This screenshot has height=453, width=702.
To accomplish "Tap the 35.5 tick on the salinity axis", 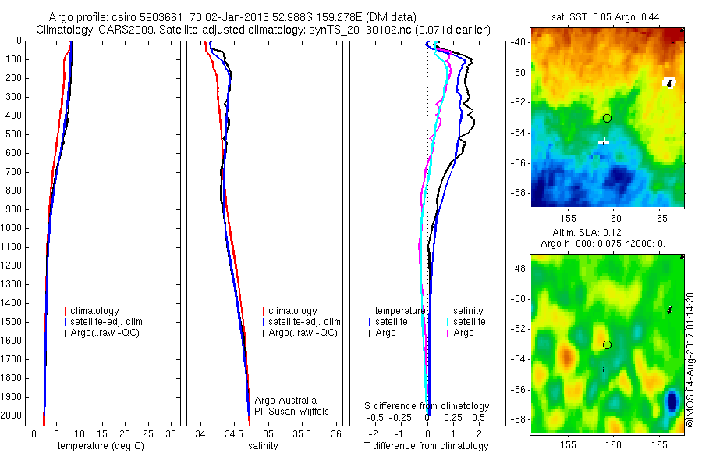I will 302,433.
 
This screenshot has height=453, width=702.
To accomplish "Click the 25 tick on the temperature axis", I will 149,433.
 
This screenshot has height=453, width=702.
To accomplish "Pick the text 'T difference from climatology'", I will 426,446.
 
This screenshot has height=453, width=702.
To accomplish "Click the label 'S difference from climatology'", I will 427,406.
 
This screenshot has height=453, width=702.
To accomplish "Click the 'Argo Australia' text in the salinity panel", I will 286,400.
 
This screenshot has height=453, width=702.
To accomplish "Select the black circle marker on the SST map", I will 607,118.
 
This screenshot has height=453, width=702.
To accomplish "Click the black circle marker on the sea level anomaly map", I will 607,344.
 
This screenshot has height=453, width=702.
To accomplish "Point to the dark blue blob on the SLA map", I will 672,402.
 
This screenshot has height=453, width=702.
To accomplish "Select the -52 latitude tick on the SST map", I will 520,102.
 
